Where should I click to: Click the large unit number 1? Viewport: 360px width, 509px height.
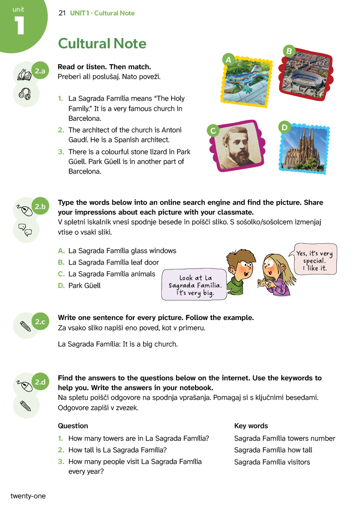19,26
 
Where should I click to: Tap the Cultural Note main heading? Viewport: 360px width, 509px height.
102,44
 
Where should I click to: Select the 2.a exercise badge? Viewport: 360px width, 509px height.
40,71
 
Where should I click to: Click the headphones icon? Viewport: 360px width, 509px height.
25,95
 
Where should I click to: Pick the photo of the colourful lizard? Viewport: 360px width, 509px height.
241,80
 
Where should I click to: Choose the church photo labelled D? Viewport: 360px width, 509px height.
305,149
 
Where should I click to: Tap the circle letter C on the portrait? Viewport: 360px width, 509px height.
213,131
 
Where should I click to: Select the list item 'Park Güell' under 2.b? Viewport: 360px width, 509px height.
84,286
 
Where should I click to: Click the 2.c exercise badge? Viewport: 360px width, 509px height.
40,321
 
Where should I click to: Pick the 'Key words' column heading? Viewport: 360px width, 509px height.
251,426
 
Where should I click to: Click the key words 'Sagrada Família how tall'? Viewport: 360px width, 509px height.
273,450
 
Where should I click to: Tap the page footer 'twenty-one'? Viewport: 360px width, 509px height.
28,496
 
